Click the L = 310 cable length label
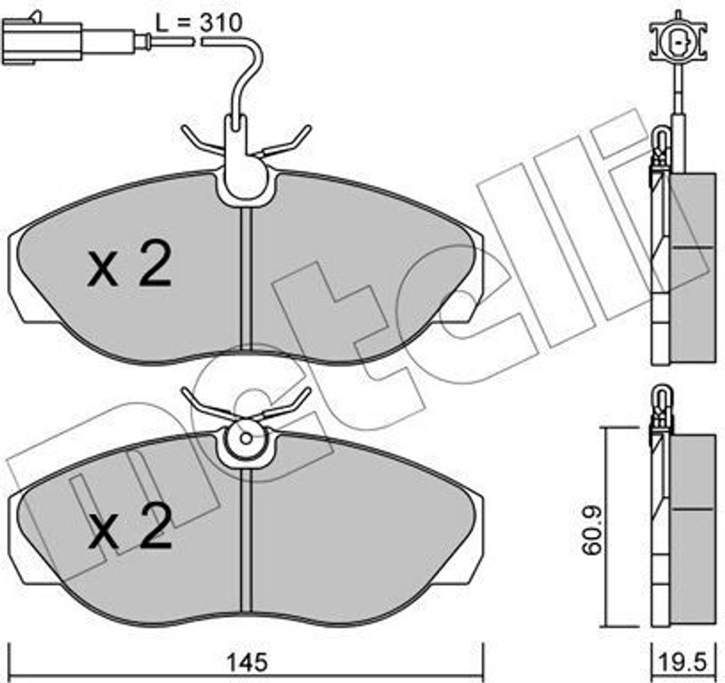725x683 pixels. tap(199, 23)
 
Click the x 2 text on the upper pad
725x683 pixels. tap(130, 268)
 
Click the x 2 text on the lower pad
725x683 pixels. tap(130, 529)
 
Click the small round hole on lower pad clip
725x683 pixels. tap(245, 438)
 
